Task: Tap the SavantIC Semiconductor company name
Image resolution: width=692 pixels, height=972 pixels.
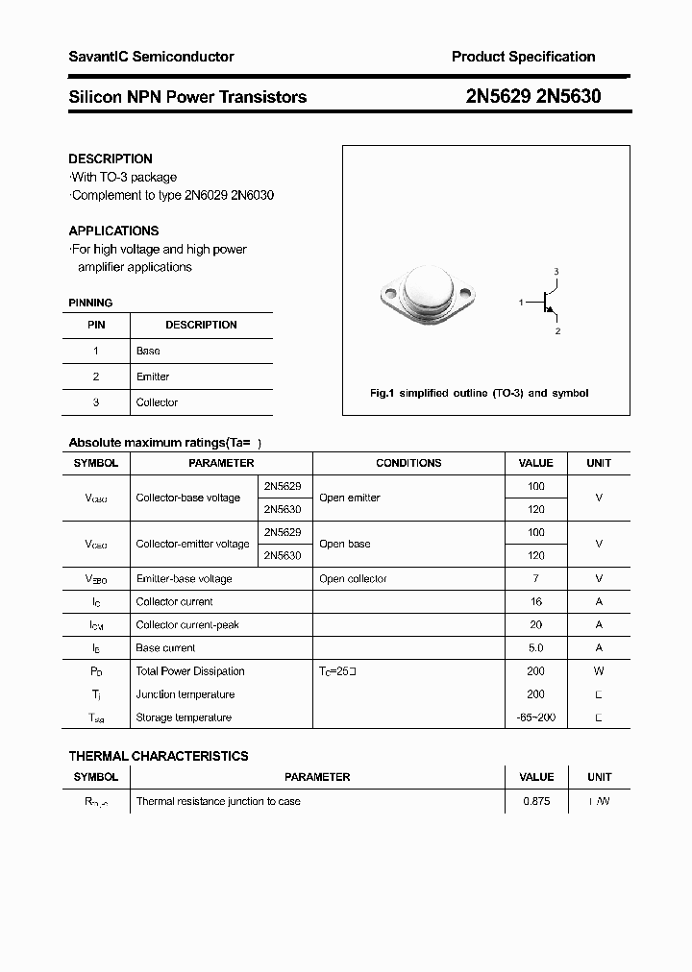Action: tap(151, 58)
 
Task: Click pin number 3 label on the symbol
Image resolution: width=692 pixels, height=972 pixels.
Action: tap(556, 273)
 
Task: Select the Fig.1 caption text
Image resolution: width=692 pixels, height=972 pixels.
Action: tap(479, 393)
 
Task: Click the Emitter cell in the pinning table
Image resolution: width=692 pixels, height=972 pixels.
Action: tap(153, 377)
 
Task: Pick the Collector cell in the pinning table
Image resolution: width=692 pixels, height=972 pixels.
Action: tap(157, 402)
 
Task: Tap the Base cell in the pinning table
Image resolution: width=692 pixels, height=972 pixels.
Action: tap(148, 352)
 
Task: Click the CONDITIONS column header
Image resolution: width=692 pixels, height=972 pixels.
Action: tap(408, 463)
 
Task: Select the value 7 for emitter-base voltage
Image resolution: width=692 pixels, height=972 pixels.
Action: tap(535, 579)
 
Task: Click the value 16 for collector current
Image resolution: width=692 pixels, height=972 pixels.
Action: tap(535, 602)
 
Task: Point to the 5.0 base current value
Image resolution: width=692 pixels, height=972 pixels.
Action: tap(535, 648)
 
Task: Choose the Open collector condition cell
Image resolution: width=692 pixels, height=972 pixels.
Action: tap(353, 579)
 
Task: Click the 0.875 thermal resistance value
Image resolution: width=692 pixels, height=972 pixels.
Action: tap(536, 801)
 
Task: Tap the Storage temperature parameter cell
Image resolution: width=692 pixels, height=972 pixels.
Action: tap(184, 717)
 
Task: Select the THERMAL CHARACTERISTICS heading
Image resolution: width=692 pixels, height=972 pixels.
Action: tap(159, 756)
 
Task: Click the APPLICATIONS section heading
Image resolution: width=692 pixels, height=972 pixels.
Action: tap(113, 231)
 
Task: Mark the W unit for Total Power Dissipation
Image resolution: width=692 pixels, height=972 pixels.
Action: tap(599, 671)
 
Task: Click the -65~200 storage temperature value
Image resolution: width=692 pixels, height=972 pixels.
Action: tap(535, 717)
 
